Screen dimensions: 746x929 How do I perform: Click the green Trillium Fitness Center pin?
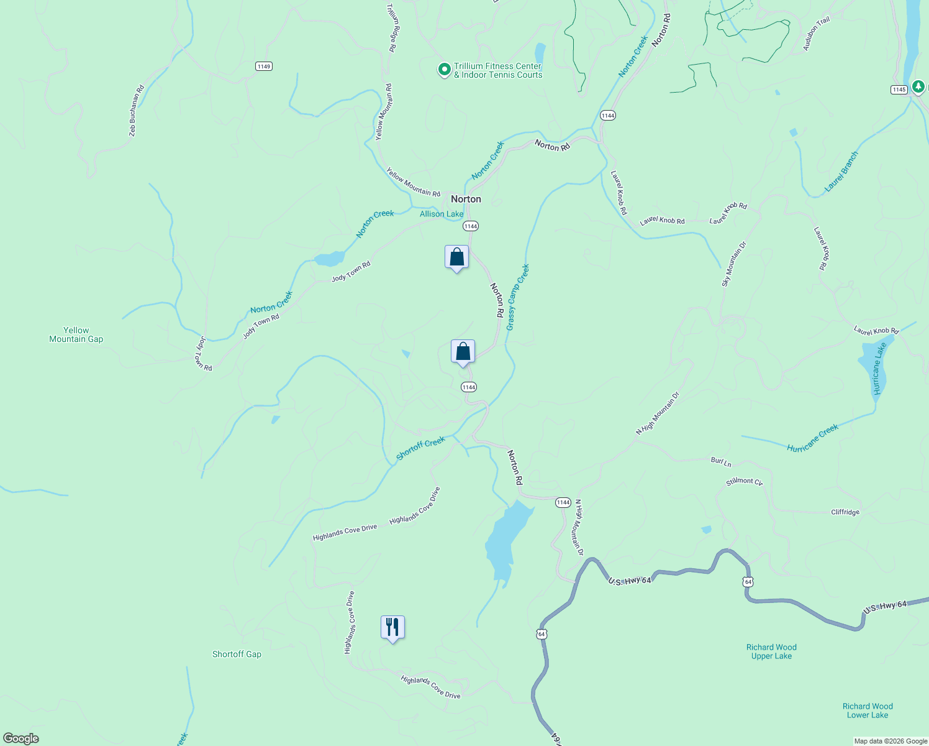coord(444,70)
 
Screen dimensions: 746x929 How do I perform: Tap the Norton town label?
coord(466,199)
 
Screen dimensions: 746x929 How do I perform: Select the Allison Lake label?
coord(442,214)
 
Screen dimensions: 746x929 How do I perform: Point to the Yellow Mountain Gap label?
coord(76,334)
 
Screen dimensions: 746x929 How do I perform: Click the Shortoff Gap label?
coord(237,654)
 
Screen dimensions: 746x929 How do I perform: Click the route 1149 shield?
coord(264,66)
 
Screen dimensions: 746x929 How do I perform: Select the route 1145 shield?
coord(899,90)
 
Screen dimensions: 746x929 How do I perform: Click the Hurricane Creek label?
coord(812,438)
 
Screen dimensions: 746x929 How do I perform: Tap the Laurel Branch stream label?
coord(841,172)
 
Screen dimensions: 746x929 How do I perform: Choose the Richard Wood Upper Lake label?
coord(771,652)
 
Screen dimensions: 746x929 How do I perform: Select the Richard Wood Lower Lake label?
coord(868,711)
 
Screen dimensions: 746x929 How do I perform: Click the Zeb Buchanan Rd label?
coord(137,111)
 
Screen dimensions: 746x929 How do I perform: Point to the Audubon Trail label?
coord(816,34)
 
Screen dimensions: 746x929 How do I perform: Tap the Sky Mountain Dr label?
coord(733,264)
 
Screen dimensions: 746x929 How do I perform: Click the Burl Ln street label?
coord(721,461)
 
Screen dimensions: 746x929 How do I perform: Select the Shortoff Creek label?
coord(420,448)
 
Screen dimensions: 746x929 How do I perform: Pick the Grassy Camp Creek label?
coord(517,297)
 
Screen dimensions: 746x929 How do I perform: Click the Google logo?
coord(21,739)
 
